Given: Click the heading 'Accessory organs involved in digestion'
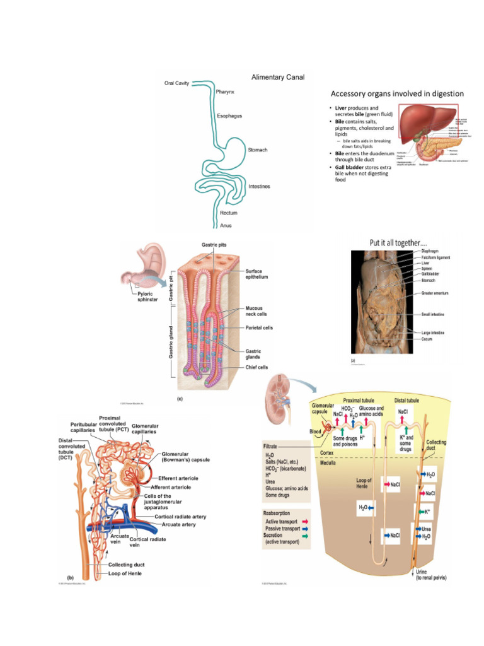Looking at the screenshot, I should (x=393, y=94).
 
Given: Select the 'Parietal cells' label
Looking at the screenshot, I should (x=259, y=328).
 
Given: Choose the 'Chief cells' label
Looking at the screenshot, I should (x=256, y=367).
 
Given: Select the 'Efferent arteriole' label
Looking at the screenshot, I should (x=180, y=478).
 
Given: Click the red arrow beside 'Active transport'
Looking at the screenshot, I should (x=306, y=522).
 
